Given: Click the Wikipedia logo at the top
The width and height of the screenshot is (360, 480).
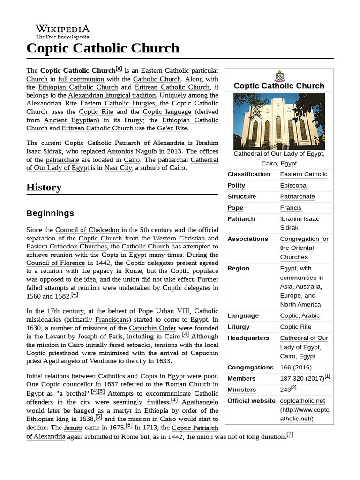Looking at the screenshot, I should point(62,31).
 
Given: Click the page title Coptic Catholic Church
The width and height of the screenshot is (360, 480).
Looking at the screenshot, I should point(103,48).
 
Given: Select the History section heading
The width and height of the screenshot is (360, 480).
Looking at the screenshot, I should point(44,187).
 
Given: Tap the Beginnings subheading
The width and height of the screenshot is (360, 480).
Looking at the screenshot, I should point(50,213).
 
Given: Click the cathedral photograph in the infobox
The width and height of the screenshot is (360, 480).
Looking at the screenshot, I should point(279,121).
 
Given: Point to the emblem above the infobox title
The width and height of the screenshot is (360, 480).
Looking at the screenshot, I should point(279,75).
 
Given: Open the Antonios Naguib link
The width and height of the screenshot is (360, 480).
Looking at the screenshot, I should point(133,151).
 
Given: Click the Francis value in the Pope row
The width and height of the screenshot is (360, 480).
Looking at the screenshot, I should point(291,208).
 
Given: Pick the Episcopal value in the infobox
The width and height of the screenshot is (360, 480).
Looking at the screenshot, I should point(294,185).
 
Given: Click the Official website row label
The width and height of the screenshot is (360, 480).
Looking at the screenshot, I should point(251,401).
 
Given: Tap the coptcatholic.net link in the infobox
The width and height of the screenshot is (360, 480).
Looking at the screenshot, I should point(302,401).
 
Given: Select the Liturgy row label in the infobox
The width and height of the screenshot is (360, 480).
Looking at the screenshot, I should point(239,327).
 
